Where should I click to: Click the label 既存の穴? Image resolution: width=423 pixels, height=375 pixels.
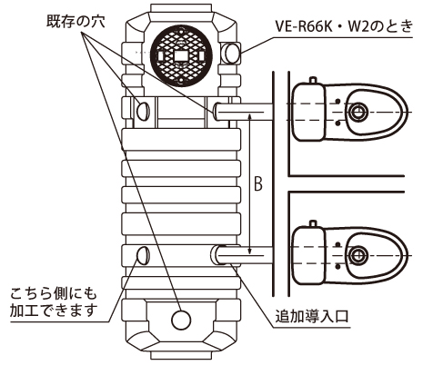point(76,22)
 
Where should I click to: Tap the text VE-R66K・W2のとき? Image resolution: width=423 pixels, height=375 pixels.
point(344,26)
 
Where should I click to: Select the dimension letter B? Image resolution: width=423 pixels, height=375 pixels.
point(257,183)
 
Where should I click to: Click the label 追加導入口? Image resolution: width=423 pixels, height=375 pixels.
point(312,317)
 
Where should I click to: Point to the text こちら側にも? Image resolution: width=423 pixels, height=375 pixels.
point(54,294)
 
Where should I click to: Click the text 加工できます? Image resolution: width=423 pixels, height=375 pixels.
point(54,311)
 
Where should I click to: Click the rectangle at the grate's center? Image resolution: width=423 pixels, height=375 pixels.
point(181,56)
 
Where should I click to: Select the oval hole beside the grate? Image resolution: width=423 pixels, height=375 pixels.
point(233,53)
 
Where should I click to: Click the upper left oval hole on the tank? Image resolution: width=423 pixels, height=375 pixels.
point(143,111)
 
